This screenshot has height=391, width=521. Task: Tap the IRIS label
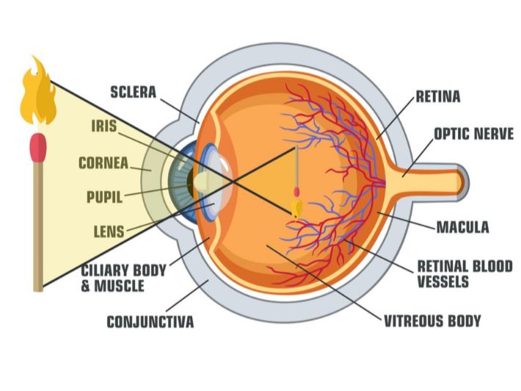(x=103, y=126)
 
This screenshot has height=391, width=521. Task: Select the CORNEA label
(x=103, y=163)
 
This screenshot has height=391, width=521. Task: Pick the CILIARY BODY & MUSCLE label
(x=123, y=276)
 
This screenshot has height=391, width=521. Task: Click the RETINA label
(x=438, y=96)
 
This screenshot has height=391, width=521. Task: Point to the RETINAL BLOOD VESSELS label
(x=464, y=273)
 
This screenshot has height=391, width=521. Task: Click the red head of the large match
(x=37, y=147)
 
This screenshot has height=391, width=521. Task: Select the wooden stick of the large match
(x=37, y=228)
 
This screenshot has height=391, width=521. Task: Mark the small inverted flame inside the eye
(x=297, y=209)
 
